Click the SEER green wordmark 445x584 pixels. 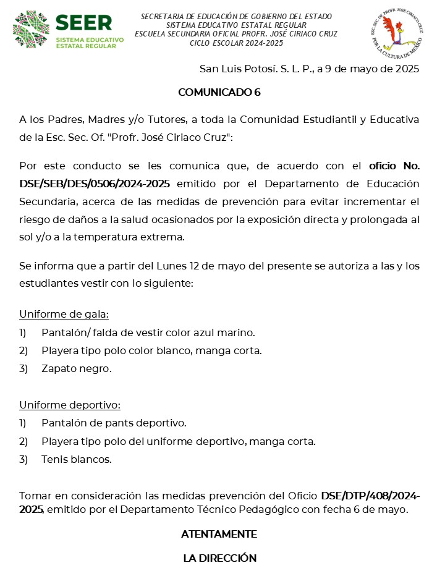[x=84, y=23]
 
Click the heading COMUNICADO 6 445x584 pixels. [x=219, y=93]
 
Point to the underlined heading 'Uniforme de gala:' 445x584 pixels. [x=64, y=314]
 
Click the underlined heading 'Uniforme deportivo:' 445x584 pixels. [x=70, y=405]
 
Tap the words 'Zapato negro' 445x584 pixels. [x=76, y=368]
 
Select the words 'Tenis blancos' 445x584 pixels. [x=76, y=459]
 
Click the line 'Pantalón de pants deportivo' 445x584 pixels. [x=113, y=423]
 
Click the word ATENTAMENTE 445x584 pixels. [x=219, y=534]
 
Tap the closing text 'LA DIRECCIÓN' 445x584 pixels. [x=219, y=558]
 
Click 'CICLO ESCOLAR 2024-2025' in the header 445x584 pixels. [x=236, y=43]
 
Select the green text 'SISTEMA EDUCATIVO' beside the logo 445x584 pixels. [x=90, y=40]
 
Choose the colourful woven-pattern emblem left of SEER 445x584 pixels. [x=31, y=29]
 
